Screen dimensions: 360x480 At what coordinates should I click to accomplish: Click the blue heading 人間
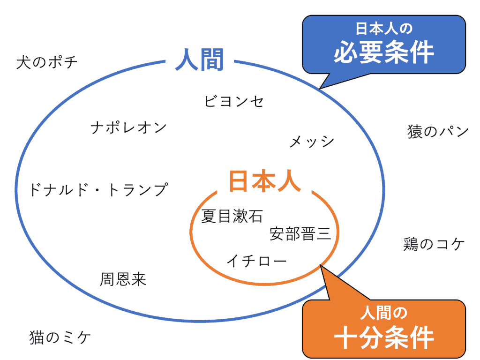200,60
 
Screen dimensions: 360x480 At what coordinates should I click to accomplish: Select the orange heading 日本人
264,181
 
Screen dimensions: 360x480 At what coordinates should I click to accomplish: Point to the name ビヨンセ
234,101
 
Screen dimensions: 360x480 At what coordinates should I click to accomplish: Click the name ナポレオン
129,127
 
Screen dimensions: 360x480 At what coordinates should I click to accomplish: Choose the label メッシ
312,142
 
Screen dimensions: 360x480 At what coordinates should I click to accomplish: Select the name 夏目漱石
232,216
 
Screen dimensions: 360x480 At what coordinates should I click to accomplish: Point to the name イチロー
256,261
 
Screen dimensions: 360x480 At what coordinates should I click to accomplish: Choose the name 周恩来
123,279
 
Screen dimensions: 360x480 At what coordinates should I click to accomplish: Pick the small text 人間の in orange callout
384,312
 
